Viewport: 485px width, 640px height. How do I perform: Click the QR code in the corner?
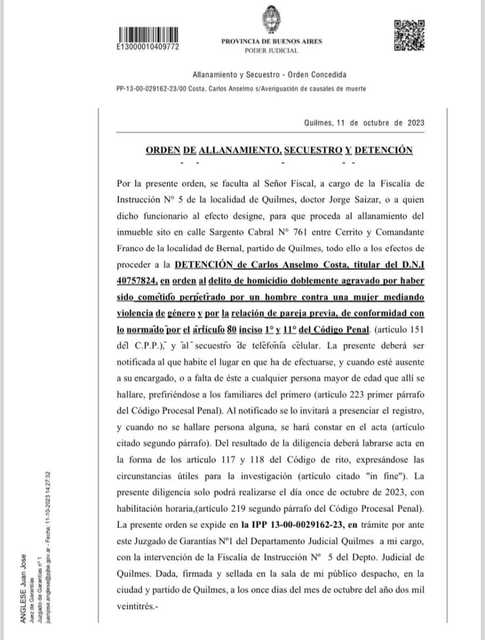coord(408,35)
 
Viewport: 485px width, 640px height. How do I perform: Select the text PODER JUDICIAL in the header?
coord(271,51)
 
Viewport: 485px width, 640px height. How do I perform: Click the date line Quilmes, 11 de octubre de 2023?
coord(364,122)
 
